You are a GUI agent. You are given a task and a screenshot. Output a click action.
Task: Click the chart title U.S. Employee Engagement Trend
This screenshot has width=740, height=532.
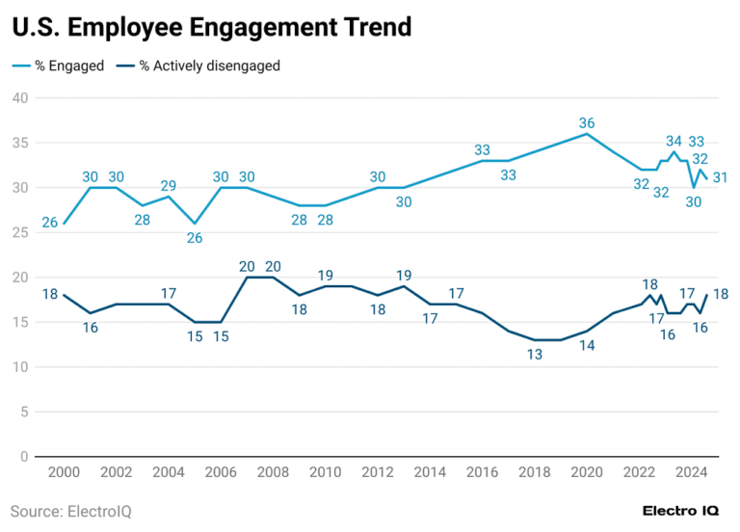211,28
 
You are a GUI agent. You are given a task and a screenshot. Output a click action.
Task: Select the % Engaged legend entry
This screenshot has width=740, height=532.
58,66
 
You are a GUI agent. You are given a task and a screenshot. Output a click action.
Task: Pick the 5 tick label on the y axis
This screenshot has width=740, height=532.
23,412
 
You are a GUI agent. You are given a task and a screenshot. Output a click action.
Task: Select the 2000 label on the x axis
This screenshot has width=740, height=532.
64,473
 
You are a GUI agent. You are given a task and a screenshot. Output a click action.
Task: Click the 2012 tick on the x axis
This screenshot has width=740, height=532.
378,473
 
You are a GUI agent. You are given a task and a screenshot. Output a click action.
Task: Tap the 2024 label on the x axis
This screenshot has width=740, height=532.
691,473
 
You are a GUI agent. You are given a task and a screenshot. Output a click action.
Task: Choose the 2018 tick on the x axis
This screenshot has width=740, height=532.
535,473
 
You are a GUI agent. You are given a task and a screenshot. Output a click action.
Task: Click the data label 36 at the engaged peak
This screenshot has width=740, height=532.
587,122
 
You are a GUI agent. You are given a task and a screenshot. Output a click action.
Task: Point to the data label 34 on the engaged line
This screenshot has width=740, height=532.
674,142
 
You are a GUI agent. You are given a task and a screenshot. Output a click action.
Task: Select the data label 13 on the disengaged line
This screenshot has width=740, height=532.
535,354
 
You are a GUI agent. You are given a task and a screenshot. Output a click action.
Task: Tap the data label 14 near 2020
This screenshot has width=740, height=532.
587,345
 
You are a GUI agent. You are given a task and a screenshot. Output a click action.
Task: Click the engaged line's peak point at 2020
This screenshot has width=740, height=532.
587,134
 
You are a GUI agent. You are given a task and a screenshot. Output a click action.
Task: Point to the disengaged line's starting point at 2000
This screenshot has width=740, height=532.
64,295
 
